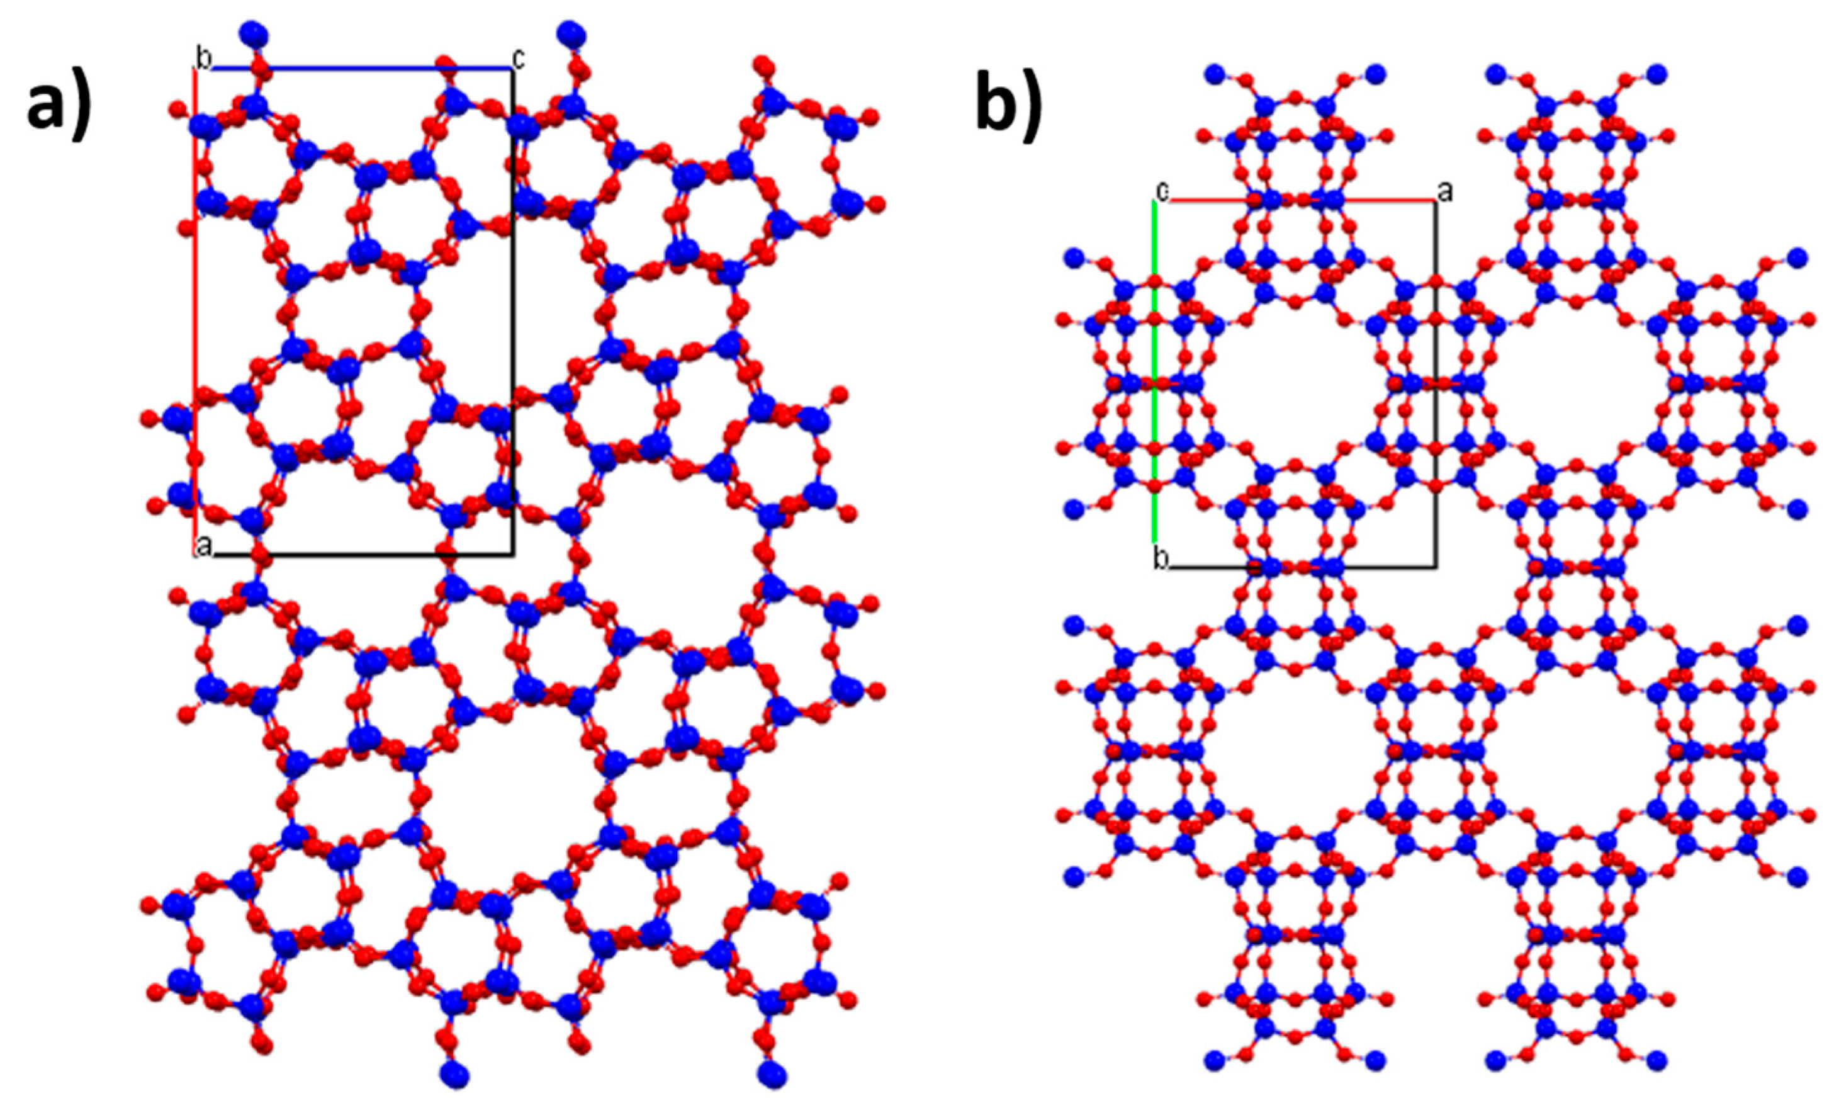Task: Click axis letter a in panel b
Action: tap(1446, 192)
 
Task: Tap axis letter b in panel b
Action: tap(1161, 558)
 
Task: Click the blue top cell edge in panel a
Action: tap(358, 69)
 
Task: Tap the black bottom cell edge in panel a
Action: tap(358, 555)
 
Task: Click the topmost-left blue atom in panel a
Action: tap(254, 35)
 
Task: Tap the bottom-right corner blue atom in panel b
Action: tap(1656, 1060)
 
